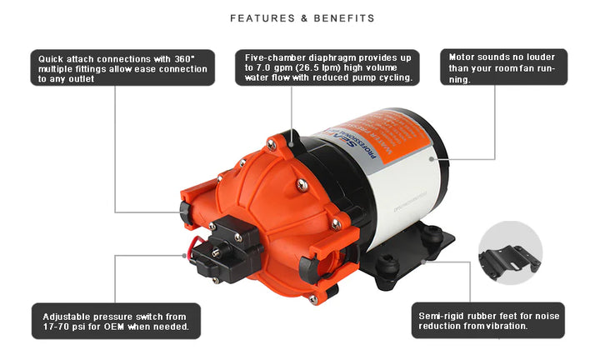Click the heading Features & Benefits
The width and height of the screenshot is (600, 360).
coord(302,18)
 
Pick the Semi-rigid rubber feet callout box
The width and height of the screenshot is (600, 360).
coord(488,320)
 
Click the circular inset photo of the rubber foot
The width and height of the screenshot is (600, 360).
coord(510,252)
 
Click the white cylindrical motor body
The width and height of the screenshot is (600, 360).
coord(400,183)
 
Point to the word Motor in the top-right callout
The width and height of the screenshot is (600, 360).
coord(463,57)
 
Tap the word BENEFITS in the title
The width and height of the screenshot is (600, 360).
coord(343,18)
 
